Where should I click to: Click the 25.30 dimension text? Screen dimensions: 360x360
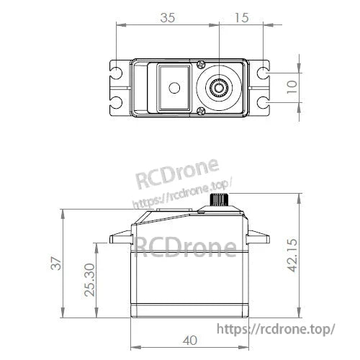[x=88, y=279]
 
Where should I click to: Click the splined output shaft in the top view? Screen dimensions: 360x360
[x=218, y=88]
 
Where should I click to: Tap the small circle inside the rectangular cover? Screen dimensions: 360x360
[x=173, y=88]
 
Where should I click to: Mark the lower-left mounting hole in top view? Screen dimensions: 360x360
[x=116, y=102]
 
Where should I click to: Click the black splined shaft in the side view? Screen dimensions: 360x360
[x=218, y=199]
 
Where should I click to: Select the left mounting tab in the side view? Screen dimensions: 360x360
[x=118, y=239]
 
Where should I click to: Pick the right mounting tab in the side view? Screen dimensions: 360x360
[x=258, y=239]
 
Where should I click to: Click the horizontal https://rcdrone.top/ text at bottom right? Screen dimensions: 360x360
[x=276, y=328]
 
